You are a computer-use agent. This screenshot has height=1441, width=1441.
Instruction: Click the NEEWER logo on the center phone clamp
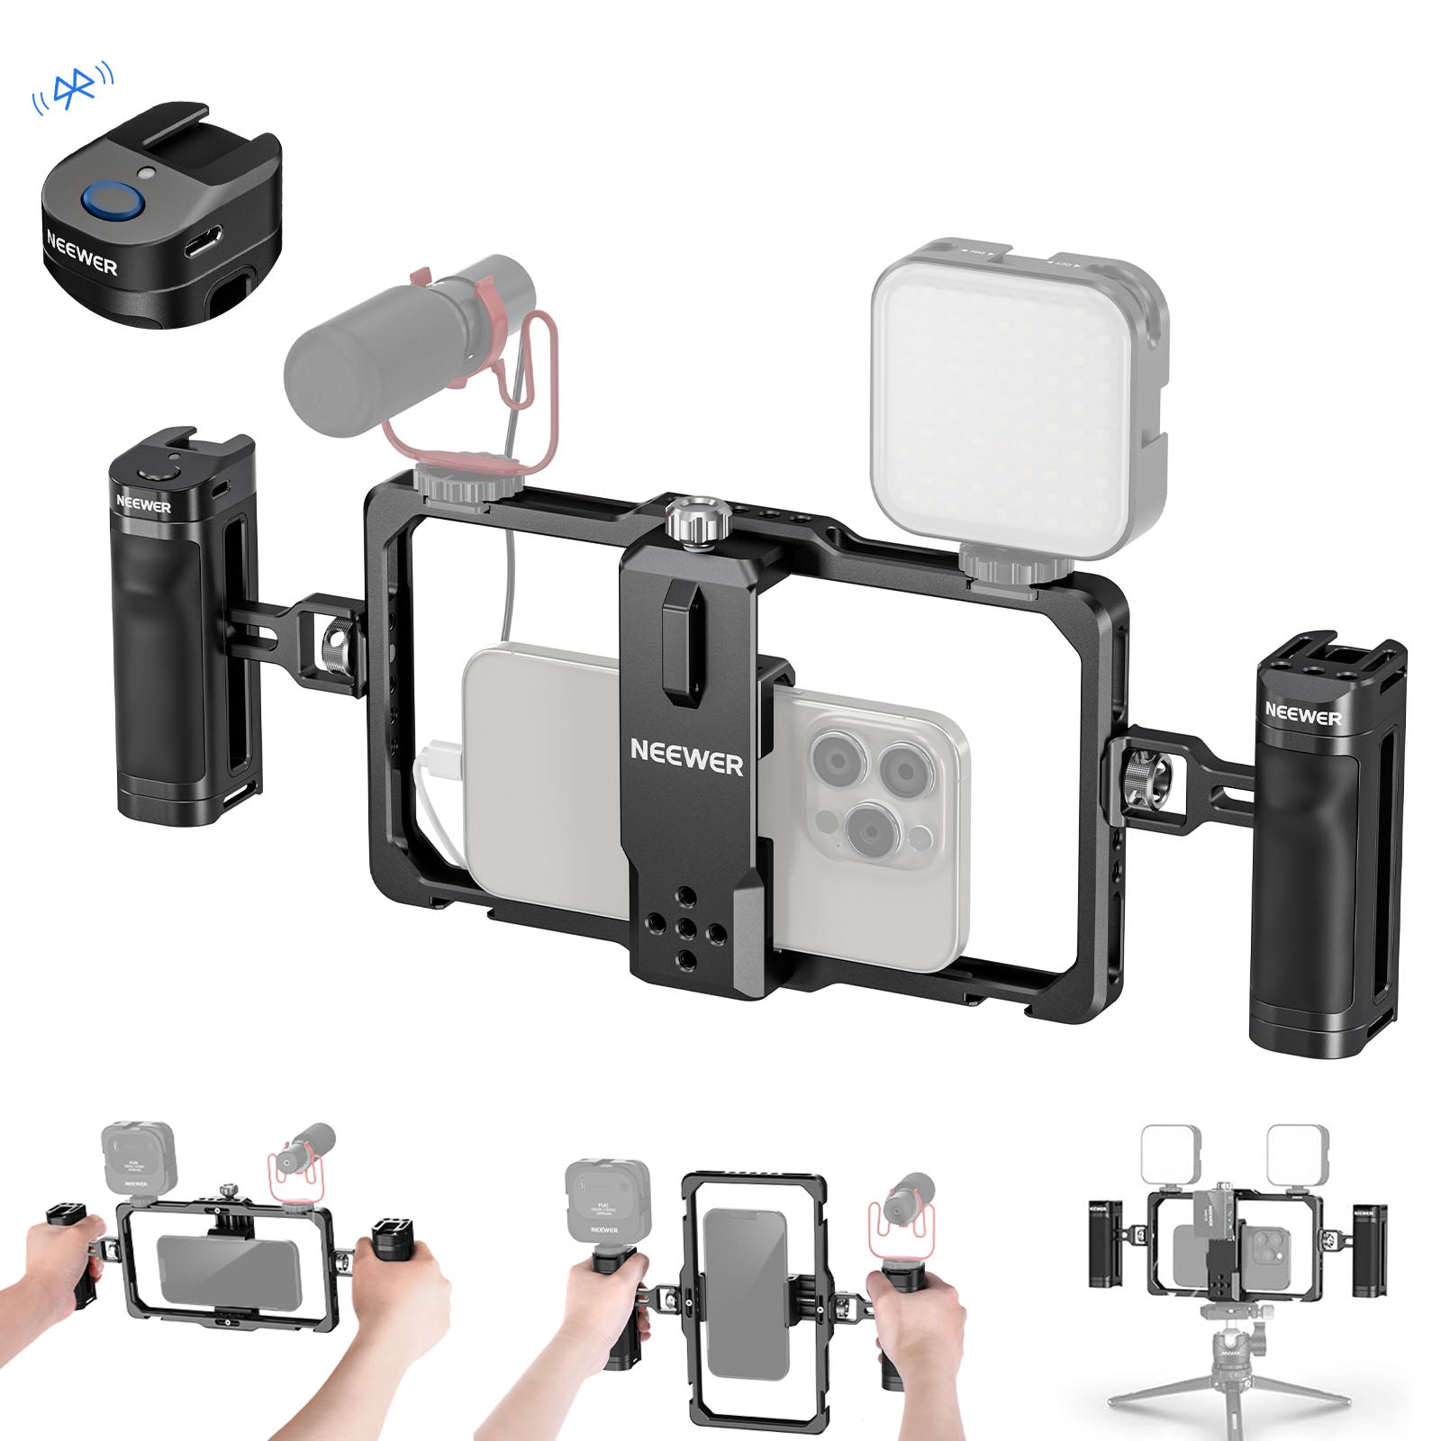pyautogui.click(x=686, y=757)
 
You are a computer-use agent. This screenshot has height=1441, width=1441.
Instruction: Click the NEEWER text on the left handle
pyautogui.click(x=143, y=504)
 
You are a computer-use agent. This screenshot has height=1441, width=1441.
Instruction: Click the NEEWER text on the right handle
pyautogui.click(x=1302, y=715)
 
